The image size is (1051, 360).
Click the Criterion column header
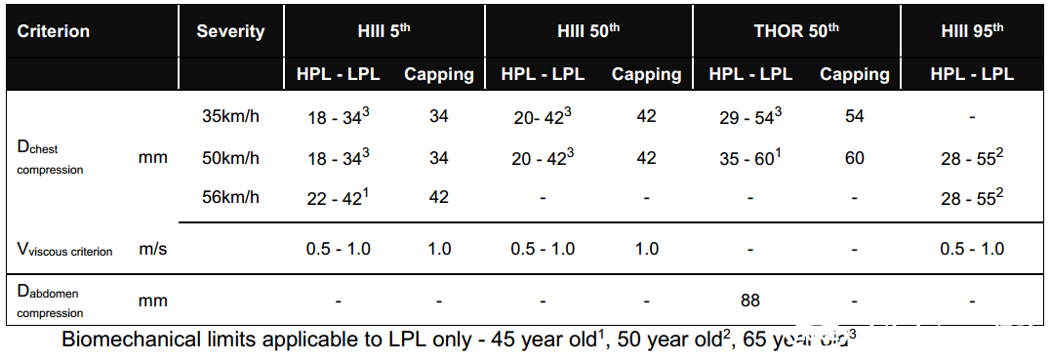[53, 31]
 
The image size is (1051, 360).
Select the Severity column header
[230, 31]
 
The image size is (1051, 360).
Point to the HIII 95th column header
[972, 31]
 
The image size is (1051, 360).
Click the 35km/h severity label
[230, 116]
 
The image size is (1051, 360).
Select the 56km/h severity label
[230, 198]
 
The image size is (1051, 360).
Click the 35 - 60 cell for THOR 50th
[750, 157]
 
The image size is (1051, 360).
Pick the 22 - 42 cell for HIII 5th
[338, 197]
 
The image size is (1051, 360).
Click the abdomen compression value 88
[750, 301]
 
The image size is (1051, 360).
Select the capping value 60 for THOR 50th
[854, 158]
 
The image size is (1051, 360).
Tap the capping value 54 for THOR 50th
[854, 117]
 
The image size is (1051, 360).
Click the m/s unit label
[153, 250]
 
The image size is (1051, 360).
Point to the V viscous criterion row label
[64, 250]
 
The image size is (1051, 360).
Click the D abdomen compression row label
[51, 301]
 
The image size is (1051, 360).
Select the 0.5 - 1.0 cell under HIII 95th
[972, 250]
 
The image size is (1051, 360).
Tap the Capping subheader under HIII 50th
[646, 74]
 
